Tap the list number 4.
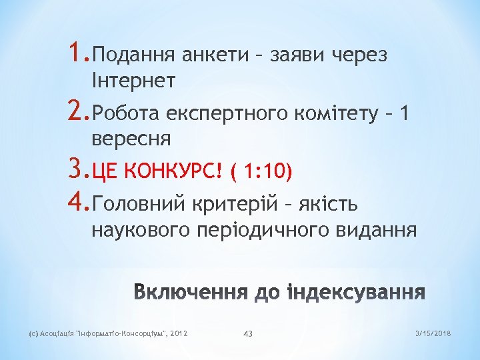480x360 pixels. point(75,200)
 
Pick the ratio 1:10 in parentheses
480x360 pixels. point(266,173)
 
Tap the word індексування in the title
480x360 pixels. point(355,293)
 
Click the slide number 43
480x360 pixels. point(248,333)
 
